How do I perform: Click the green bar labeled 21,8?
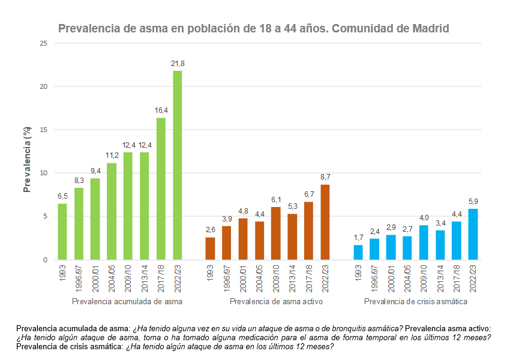(x=178, y=165)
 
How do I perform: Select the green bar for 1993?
(x=62, y=232)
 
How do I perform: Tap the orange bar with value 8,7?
(x=325, y=222)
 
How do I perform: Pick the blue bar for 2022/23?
(x=473, y=234)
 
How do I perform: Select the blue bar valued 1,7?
(x=358, y=252)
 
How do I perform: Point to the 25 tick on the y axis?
(x=44, y=43)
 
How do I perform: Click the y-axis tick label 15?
(x=44, y=130)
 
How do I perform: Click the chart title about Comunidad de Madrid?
(x=253, y=29)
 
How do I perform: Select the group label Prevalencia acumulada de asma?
(x=127, y=302)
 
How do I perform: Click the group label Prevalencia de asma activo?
(x=276, y=302)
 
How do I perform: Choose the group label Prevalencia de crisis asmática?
(x=416, y=302)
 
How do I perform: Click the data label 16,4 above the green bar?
(x=161, y=110)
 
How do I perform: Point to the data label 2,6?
(x=210, y=230)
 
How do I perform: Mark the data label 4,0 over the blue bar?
(x=424, y=218)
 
